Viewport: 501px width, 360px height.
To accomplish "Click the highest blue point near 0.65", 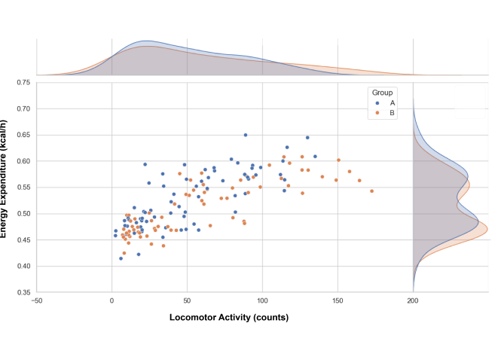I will tap(245, 136).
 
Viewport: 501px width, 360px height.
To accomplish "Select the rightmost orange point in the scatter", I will tap(371, 191).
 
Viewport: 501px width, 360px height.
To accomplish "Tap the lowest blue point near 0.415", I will tap(121, 258).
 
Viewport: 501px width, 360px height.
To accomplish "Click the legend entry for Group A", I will tap(392, 102).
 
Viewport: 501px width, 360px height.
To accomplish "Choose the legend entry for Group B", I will tap(392, 113).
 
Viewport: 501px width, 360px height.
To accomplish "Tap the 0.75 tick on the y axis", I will tap(23, 82).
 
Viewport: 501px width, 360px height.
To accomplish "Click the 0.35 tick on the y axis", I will tap(23, 292).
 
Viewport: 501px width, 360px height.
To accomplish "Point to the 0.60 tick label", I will tap(23, 161).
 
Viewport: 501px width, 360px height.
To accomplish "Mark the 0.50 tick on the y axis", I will tap(23, 214).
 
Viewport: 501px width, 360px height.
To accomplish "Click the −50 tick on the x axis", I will tap(37, 301).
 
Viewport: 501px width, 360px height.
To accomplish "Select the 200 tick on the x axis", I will tap(413, 301).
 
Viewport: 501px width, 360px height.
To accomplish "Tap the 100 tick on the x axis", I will tap(262, 301).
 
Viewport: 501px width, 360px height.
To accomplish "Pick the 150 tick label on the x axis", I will tap(338, 301).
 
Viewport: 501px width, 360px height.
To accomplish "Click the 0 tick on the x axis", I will tap(112, 301).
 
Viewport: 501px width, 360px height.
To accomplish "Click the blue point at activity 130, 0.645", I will tap(307, 138).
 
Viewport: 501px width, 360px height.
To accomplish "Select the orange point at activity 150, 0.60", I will tap(338, 160).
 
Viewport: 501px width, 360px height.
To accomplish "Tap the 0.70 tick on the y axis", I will tap(23, 108).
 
